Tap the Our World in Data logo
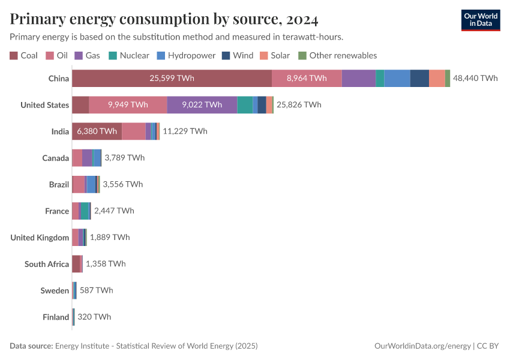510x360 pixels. [480, 20]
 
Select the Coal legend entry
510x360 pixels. [24, 55]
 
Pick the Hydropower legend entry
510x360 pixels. [185, 55]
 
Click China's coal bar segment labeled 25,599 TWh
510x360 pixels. [172, 78]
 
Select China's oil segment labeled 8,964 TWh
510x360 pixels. [307, 78]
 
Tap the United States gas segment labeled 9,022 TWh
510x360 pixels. [202, 104]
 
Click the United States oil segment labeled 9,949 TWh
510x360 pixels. [128, 104]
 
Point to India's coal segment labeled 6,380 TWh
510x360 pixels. [97, 131]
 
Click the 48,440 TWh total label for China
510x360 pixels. [475, 78]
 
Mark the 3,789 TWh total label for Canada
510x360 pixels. [124, 158]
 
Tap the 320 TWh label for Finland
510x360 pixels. [94, 317]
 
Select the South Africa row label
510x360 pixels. [47, 264]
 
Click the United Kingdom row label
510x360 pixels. [40, 237]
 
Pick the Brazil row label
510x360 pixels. [59, 184]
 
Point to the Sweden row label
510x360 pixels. [55, 290]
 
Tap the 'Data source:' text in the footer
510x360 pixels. [31, 346]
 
